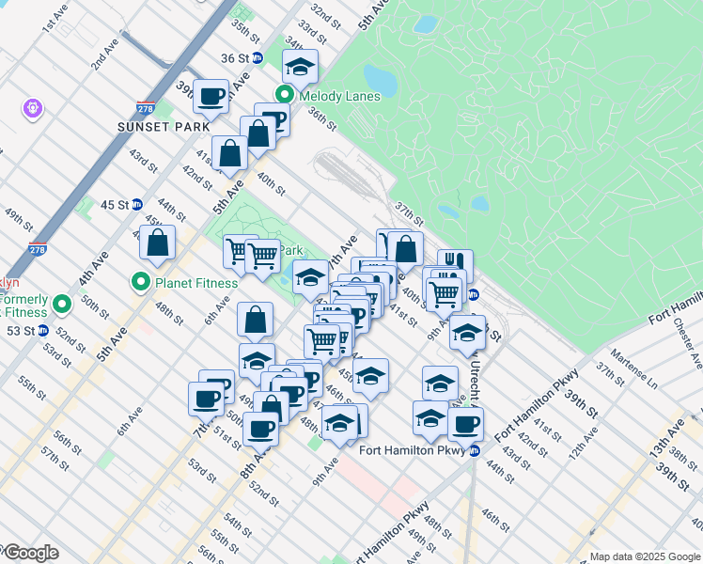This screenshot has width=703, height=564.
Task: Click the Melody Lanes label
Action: pos(339,96)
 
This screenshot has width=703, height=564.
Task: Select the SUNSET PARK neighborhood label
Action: pos(150,126)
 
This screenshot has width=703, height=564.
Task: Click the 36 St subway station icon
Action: pos(257,57)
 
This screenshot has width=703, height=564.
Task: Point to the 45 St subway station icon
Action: pos(136,204)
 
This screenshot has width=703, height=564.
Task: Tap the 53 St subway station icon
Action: pos(42,331)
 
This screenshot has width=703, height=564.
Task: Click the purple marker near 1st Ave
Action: pos(33,109)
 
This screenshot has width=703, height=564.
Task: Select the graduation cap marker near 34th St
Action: pos(300,67)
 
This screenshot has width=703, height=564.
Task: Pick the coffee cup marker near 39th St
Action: pos(212,94)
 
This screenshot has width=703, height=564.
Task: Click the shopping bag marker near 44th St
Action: pos(158,243)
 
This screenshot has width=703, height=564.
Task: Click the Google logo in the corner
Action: pos(31,553)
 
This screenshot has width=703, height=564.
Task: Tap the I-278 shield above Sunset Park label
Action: pos(145,109)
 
